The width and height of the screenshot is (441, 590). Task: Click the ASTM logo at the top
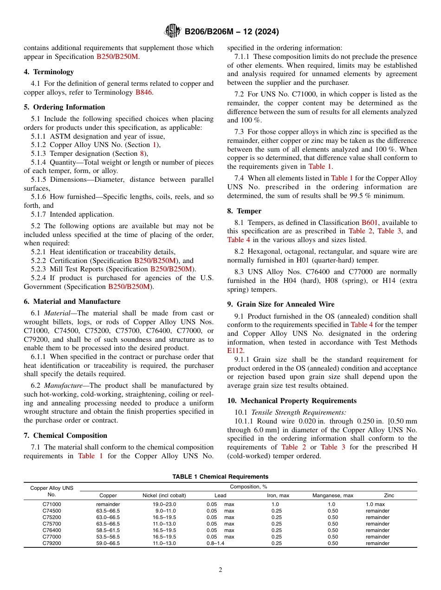point(173,32)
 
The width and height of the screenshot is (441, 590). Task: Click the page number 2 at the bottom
point(220,570)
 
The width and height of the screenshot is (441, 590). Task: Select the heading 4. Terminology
point(49,72)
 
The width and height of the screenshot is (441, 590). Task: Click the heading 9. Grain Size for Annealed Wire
point(280,304)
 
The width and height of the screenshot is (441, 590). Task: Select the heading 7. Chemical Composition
point(65,436)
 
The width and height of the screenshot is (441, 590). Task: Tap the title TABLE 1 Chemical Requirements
point(220,477)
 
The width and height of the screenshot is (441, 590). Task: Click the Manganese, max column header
point(332,495)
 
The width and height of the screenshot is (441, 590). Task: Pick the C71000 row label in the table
point(52,504)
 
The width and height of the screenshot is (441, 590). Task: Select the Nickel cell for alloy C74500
point(164,511)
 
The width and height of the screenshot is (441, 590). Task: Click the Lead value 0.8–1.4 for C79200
point(215,543)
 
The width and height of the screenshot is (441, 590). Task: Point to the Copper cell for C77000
point(108,537)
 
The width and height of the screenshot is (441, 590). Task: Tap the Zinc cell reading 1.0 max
point(375,504)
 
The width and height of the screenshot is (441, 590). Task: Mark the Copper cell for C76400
point(108,530)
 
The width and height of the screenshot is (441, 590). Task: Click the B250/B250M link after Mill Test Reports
point(171,269)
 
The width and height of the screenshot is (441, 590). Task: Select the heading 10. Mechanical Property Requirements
point(292,401)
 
